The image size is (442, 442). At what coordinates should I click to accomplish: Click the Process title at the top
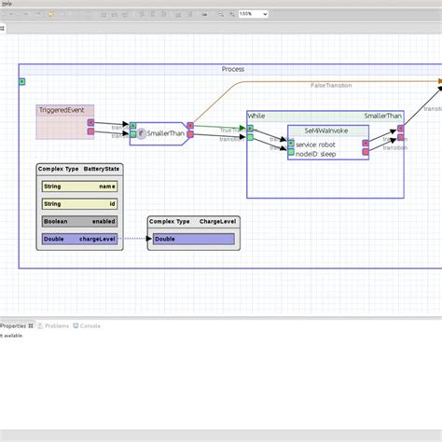[233, 70]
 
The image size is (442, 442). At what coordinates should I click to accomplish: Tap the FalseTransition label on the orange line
[331, 86]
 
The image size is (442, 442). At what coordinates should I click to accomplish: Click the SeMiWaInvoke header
[322, 131]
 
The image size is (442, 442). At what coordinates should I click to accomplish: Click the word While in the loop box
[256, 117]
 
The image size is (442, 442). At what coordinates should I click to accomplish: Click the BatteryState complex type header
[79, 169]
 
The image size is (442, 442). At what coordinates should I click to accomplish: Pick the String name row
[79, 186]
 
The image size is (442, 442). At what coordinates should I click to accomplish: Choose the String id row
[79, 203]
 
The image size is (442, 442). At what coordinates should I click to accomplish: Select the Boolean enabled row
[79, 221]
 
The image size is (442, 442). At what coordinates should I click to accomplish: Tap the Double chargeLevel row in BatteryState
[79, 239]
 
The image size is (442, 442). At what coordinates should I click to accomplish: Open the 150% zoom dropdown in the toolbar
[253, 14]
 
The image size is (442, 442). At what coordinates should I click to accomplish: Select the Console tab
[89, 326]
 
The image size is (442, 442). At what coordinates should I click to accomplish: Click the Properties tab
[13, 326]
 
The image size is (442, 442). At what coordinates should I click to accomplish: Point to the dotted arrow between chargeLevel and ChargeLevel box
[133, 239]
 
